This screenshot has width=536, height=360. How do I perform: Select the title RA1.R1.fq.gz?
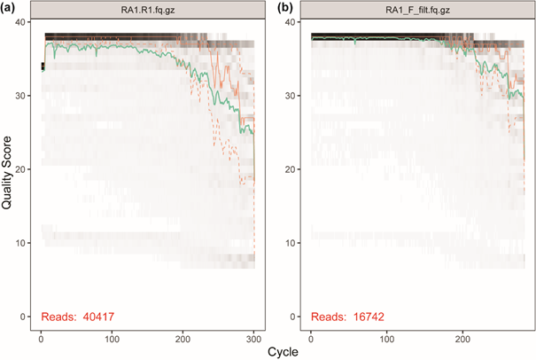click(149, 8)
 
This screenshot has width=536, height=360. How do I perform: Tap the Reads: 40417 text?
click(78, 317)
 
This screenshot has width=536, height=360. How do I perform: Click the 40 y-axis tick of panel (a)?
click(28, 20)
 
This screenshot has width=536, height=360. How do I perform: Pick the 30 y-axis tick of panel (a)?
click(28, 95)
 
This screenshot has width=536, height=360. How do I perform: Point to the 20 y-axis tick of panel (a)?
click(28, 168)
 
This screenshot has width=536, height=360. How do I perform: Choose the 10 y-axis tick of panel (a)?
click(28, 242)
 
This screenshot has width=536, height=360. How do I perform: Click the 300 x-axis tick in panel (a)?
click(253, 338)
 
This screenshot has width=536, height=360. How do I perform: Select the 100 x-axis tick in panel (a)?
click(112, 338)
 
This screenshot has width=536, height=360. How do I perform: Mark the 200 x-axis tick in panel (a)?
click(183, 338)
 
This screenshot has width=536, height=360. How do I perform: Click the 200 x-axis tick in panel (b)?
click(459, 338)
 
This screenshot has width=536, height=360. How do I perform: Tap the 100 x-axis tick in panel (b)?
click(385, 338)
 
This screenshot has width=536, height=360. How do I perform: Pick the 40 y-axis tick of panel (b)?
click(296, 20)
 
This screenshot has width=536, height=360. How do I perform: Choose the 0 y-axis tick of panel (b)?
click(299, 317)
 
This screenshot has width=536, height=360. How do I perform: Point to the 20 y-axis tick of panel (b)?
click(296, 168)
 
